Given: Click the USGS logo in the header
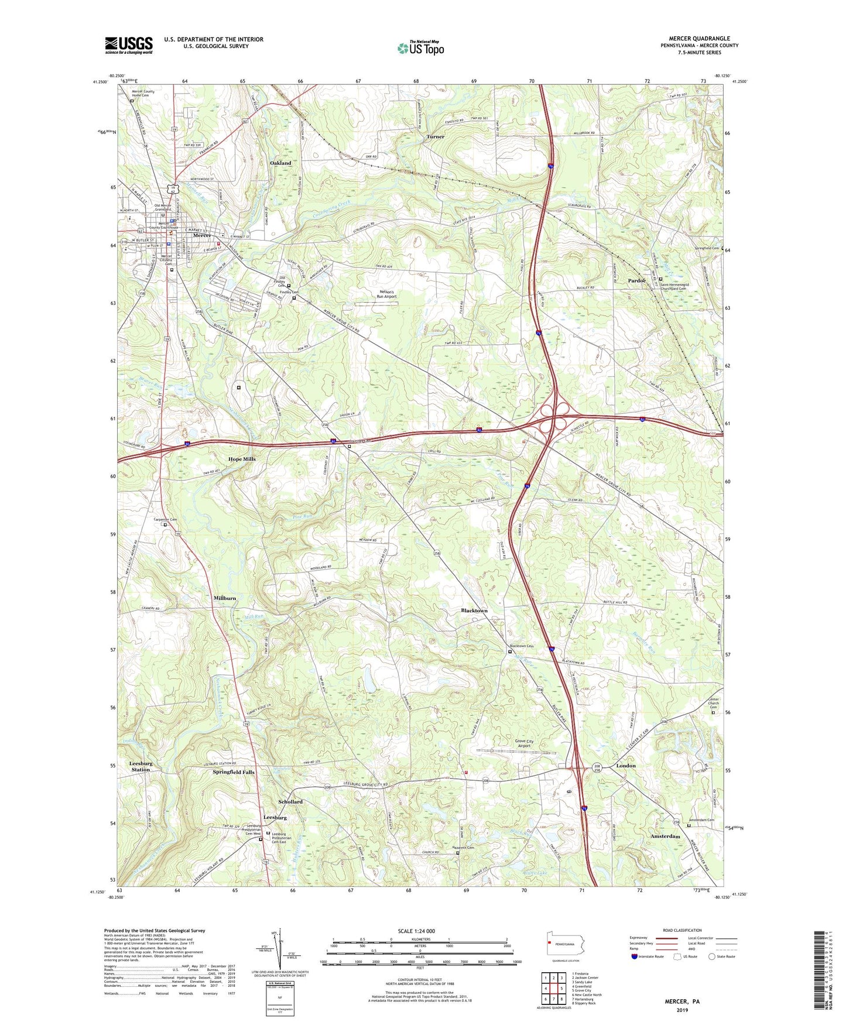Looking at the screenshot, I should point(129,45).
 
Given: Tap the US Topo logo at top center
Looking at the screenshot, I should point(420,48).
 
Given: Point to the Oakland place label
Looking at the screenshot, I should point(280,163).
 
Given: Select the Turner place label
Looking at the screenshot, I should point(435,137).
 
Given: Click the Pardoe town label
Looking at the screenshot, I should point(636,281).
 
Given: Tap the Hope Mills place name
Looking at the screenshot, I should point(242,459).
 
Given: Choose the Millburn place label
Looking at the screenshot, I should point(225,598).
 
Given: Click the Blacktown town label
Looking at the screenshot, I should point(474,611).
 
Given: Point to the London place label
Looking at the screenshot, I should point(625,766).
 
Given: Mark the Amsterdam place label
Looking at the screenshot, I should point(665,837).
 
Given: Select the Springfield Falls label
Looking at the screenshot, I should point(234,773).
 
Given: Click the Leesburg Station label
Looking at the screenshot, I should point(141,767).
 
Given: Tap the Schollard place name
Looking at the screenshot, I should point(290,802).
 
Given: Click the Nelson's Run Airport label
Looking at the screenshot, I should point(383,294).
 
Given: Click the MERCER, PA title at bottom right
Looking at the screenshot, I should point(682,1002).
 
